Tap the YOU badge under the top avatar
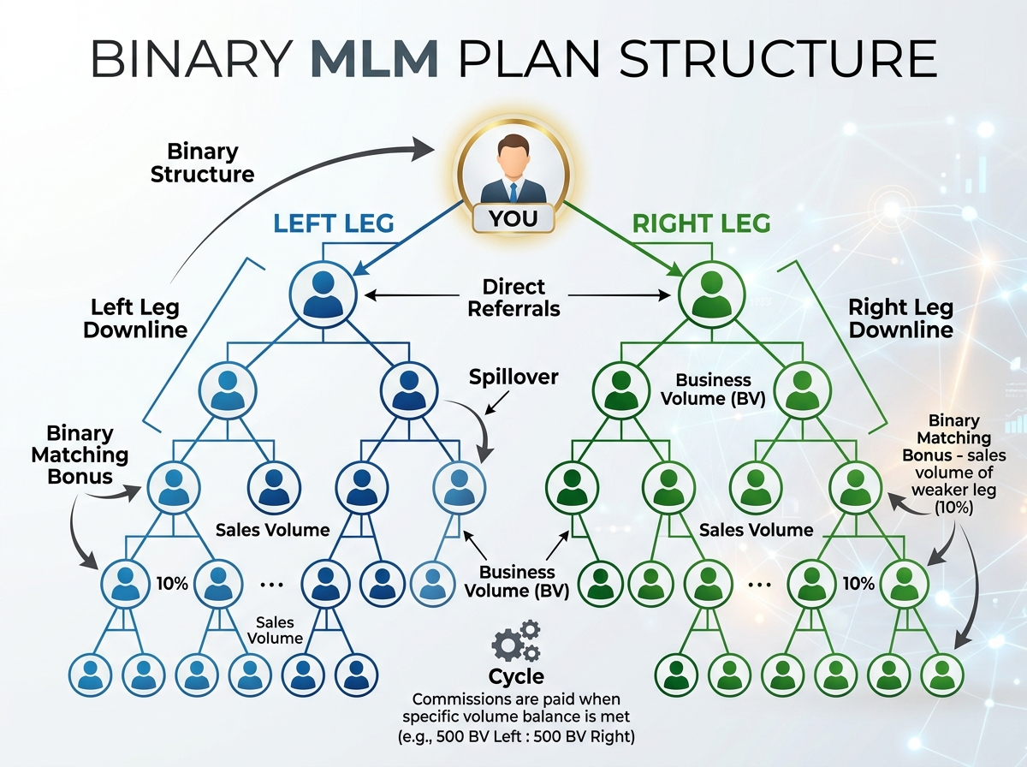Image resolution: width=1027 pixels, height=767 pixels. click(513, 218)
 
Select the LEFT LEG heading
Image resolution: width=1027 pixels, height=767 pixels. click(334, 223)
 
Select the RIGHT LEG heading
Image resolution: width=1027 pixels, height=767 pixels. click(701, 223)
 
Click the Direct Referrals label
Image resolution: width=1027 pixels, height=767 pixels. click(513, 297)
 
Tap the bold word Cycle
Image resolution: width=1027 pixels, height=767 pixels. click(516, 676)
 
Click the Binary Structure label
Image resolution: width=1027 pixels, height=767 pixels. click(203, 163)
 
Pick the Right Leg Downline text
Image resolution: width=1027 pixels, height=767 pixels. click(900, 318)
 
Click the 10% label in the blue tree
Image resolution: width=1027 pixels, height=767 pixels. click(172, 584)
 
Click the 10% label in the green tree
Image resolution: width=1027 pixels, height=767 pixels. click(858, 584)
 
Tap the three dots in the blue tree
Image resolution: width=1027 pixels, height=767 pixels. click(270, 584)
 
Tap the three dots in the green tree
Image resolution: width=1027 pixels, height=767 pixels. click(758, 584)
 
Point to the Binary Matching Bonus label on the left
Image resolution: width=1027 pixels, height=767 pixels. click(80, 455)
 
